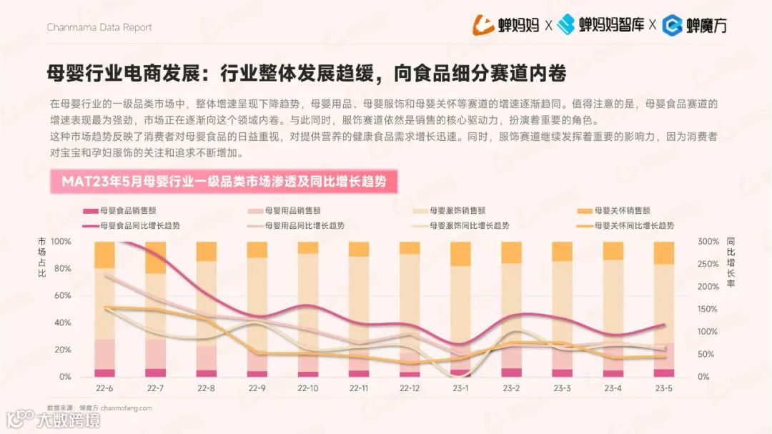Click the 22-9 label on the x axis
click(257, 388)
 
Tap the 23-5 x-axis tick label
click(663, 388)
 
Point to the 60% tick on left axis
click(62, 296)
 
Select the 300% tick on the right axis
click(708, 242)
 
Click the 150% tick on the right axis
click(708, 310)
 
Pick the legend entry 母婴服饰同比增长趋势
click(469, 225)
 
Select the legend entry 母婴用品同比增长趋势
click(305, 225)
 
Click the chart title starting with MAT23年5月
click(223, 182)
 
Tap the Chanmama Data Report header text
click(99, 27)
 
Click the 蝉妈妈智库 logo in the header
click(600, 25)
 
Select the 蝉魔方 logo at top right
click(694, 25)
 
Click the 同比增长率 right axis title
click(730, 262)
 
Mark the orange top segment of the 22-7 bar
click(156, 257)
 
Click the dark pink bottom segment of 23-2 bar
click(511, 373)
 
